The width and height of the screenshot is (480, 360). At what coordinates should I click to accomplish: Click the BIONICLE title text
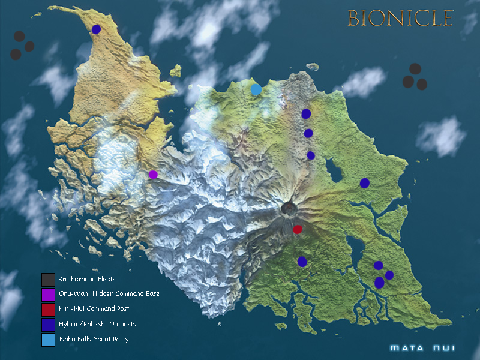(x=400, y=18)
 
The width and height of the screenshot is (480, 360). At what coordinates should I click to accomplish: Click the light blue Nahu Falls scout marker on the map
(x=256, y=89)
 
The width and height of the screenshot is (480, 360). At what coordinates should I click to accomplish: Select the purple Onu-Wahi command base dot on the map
(x=153, y=175)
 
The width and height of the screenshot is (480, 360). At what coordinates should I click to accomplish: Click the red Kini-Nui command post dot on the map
(x=297, y=229)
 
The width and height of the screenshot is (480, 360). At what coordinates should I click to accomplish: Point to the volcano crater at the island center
(x=290, y=209)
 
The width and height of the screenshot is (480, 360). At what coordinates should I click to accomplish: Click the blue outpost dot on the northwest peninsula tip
(x=96, y=29)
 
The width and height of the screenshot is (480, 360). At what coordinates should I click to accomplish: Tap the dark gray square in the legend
(x=48, y=280)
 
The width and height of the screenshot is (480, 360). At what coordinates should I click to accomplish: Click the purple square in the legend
(x=48, y=295)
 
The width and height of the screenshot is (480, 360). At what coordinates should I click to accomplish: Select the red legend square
(x=48, y=310)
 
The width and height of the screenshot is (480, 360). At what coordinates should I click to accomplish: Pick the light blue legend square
(x=48, y=340)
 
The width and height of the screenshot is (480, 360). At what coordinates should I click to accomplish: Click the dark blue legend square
(x=48, y=325)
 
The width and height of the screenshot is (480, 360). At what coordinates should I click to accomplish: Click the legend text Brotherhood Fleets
(x=86, y=280)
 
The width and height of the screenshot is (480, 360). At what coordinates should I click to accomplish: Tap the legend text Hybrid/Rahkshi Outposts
(x=97, y=325)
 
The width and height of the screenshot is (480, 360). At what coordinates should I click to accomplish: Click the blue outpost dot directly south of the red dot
(x=302, y=262)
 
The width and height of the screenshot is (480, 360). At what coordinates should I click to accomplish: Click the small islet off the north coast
(x=312, y=67)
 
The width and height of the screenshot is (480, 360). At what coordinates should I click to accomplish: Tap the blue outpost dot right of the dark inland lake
(x=364, y=183)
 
